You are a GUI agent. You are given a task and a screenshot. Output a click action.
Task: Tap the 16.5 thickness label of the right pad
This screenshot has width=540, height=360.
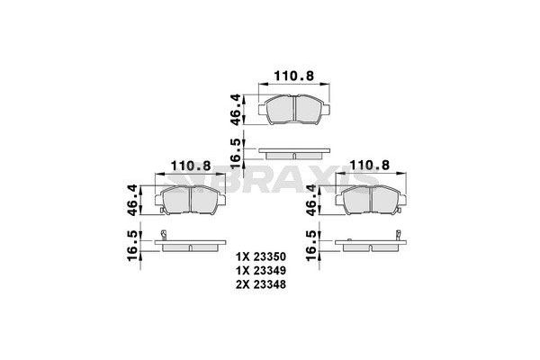pos(311,246)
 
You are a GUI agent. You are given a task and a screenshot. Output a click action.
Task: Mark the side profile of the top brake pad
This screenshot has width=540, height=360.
pos(293,150)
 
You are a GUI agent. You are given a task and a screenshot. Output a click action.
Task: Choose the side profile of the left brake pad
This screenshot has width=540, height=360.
pos(190,246)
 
